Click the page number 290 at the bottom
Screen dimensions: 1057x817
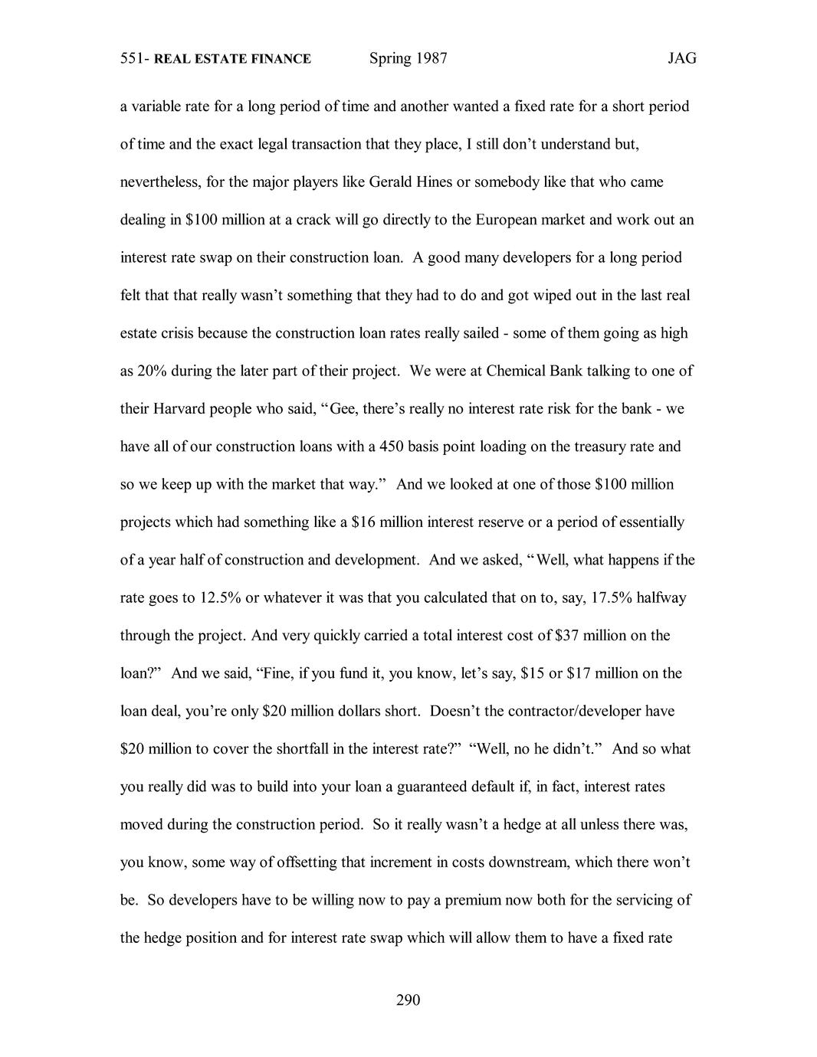click(408, 1000)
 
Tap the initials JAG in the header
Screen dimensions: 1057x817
click(681, 59)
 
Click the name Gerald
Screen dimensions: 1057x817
click(392, 182)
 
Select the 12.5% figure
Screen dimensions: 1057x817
click(220, 597)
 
